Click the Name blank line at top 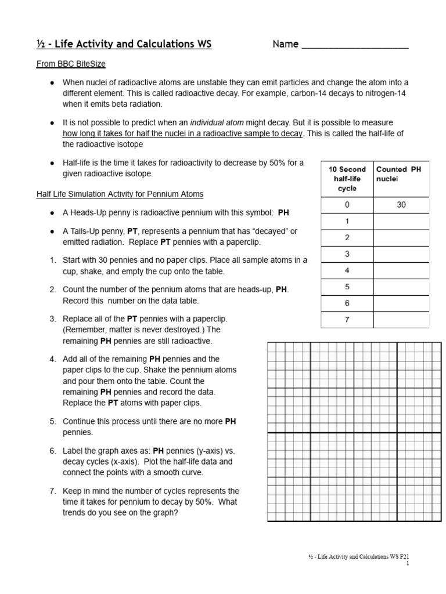point(355,46)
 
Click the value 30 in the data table point(401,205)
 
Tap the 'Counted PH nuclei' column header point(401,174)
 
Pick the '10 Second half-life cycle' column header point(347,179)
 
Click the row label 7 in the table point(347,320)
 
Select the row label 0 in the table point(347,205)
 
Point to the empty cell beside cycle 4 point(401,270)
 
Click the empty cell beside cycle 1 point(401,221)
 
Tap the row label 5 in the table point(347,287)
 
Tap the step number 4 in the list point(52,359)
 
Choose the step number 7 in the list point(52,491)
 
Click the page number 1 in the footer point(408,563)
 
